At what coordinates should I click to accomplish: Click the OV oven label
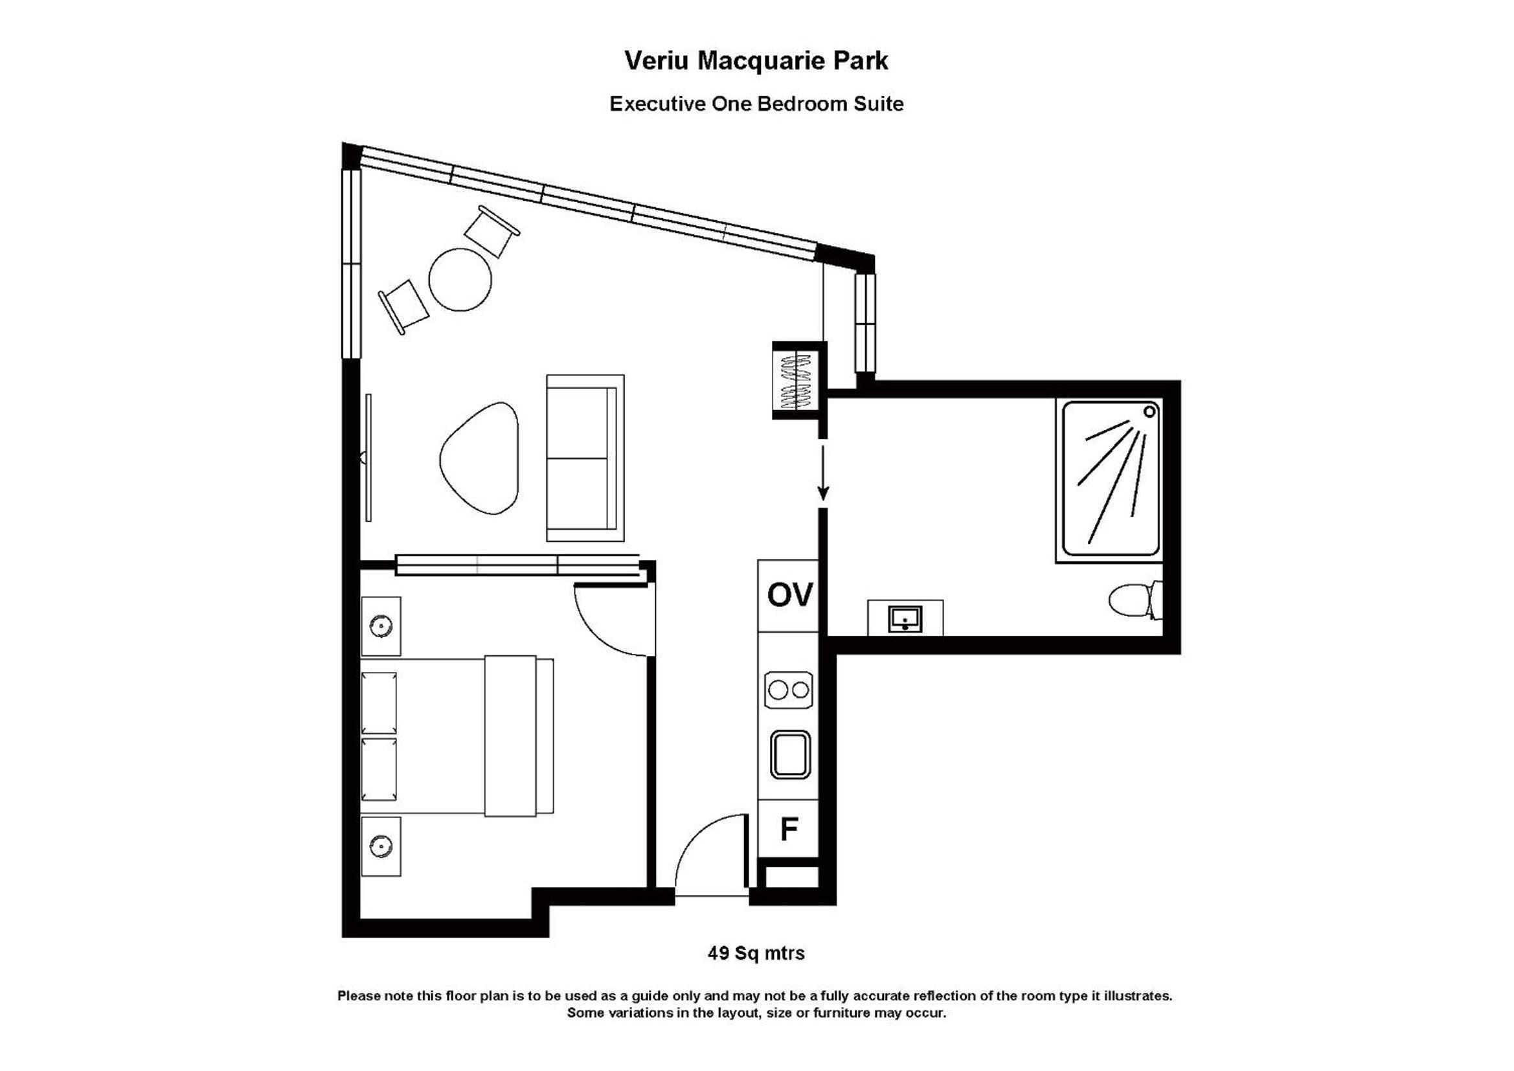point(789,595)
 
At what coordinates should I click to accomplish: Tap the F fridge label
point(789,829)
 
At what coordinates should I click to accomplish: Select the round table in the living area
point(460,279)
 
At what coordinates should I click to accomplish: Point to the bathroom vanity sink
point(905,618)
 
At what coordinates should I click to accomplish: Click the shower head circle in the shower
point(1149,412)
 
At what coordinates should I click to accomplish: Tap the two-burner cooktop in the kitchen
point(789,690)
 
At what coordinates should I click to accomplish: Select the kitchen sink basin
point(790,754)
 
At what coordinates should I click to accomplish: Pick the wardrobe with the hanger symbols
point(799,381)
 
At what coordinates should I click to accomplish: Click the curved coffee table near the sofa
point(479,458)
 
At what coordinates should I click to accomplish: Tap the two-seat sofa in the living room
point(585,458)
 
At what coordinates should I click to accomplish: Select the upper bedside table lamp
point(381,626)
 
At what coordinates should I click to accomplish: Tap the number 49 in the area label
point(718,954)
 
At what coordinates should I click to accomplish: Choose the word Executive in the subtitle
point(657,104)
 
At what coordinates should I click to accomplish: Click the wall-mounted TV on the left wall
point(368,458)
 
